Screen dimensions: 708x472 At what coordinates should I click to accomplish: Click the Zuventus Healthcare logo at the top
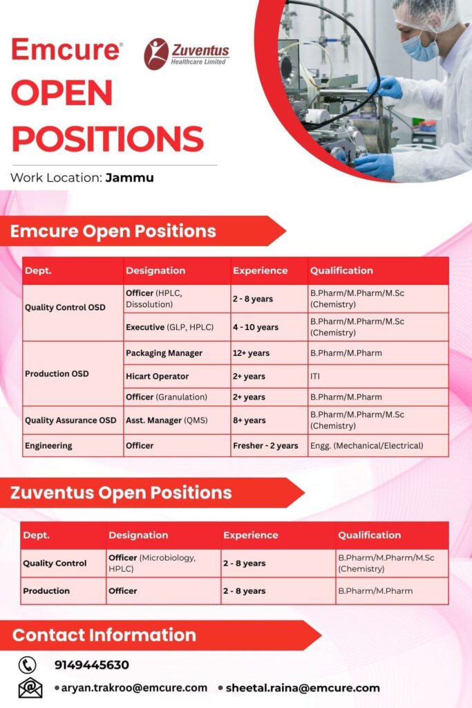click(x=186, y=54)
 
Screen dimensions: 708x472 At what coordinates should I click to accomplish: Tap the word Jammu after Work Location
click(x=129, y=178)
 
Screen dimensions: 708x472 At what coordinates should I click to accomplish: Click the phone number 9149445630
click(x=92, y=665)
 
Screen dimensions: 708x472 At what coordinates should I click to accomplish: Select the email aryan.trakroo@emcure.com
click(x=134, y=688)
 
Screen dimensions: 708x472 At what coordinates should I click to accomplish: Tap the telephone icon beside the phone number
click(x=28, y=665)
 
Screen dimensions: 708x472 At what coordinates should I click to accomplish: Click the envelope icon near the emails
click(x=30, y=688)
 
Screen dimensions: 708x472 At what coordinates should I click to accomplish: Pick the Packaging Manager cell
click(x=164, y=353)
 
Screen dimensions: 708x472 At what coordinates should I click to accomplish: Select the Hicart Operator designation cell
click(x=157, y=377)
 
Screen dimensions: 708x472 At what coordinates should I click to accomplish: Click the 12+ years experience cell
click(x=251, y=353)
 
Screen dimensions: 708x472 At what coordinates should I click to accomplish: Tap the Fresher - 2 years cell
click(x=265, y=446)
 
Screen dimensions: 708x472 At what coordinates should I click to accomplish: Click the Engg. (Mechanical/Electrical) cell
click(x=366, y=446)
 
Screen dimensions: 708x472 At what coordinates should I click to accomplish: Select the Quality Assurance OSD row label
click(x=70, y=420)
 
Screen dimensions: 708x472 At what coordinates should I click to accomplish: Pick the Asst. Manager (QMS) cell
click(x=167, y=420)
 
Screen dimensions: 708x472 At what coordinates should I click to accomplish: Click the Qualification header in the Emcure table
click(x=341, y=270)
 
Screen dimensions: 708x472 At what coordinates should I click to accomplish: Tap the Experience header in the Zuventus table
click(x=250, y=535)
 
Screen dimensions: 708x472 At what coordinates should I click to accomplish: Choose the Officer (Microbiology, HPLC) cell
click(x=152, y=563)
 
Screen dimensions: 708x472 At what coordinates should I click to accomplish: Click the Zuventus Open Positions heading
click(x=121, y=493)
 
